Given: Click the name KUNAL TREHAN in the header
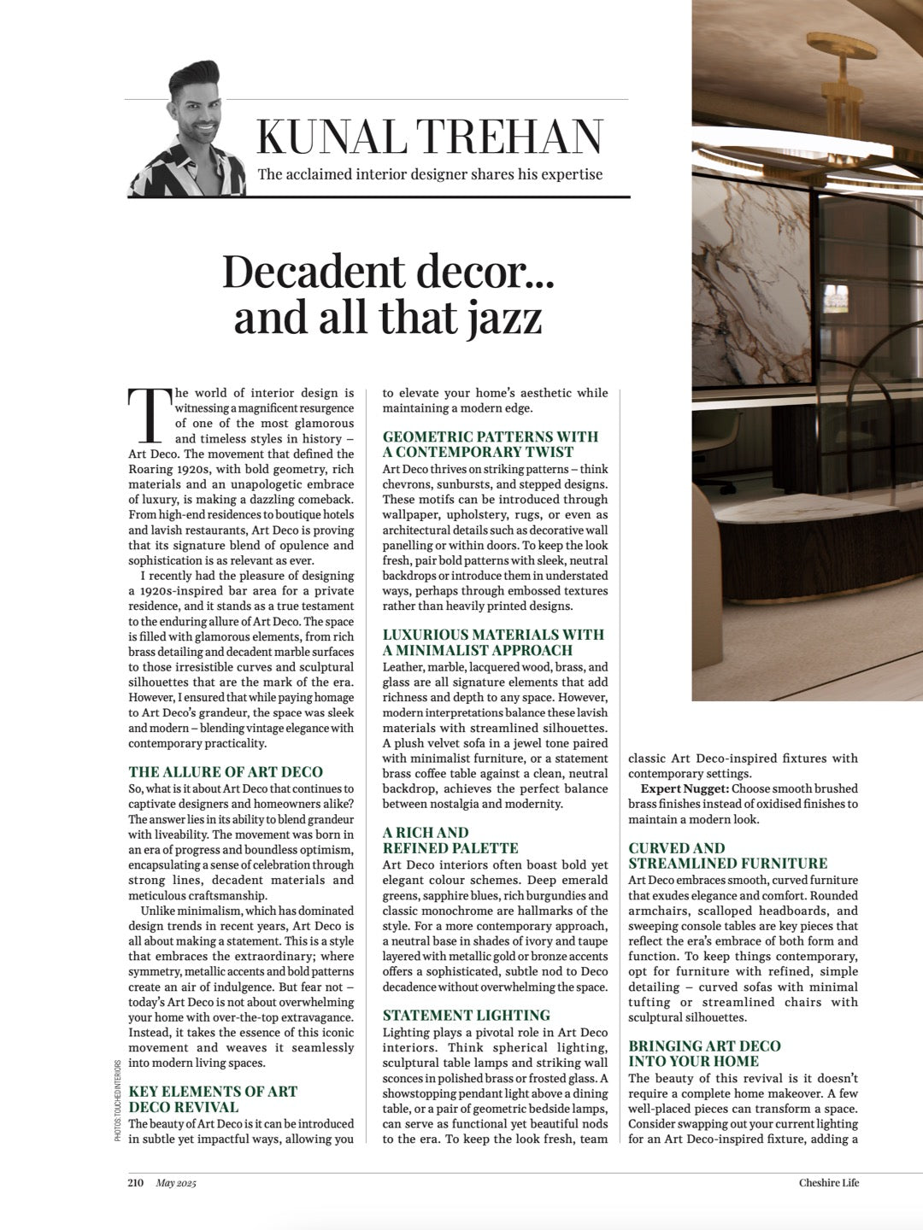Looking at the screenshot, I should pyautogui.click(x=431, y=137).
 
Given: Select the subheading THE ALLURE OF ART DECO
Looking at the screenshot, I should pyautogui.click(x=226, y=772).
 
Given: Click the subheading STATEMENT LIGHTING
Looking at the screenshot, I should pyautogui.click(x=466, y=1016).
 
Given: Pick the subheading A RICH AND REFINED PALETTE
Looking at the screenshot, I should pyautogui.click(x=450, y=840).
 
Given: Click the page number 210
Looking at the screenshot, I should pyautogui.click(x=136, y=1183).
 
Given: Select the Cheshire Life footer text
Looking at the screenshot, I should pyautogui.click(x=828, y=1183).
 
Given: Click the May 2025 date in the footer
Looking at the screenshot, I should pyautogui.click(x=176, y=1183).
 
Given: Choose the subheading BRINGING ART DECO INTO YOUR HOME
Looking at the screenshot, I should pyautogui.click(x=704, y=1053).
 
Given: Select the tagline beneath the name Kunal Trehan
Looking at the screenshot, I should pyautogui.click(x=430, y=174).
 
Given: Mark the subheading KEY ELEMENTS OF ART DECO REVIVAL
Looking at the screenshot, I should pyautogui.click(x=213, y=1099).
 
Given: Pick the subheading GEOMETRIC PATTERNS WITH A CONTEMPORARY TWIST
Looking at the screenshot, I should pyautogui.click(x=490, y=444).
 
